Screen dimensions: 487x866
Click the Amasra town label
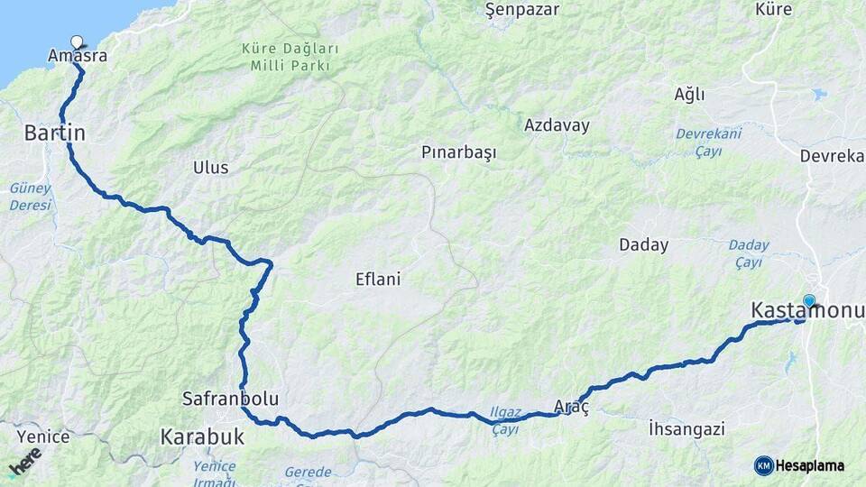(x=78, y=56)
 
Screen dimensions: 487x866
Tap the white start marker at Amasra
(x=77, y=41)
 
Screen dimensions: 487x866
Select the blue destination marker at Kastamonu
(x=809, y=301)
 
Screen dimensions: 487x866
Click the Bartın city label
(x=54, y=133)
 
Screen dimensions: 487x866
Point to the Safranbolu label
(x=230, y=398)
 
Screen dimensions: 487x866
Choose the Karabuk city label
(x=202, y=437)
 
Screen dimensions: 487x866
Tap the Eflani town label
(x=378, y=280)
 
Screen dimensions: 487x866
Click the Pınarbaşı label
(x=459, y=152)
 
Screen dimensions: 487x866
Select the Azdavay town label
(x=557, y=125)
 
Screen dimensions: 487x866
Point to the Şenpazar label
(x=522, y=10)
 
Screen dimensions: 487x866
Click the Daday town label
(x=644, y=244)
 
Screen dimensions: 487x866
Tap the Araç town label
(x=571, y=408)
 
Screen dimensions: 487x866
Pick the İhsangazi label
(x=686, y=428)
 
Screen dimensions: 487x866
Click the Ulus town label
(x=211, y=168)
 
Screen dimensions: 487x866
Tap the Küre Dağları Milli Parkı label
(x=290, y=56)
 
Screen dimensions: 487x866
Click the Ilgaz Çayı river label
(x=505, y=418)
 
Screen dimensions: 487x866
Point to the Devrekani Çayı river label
(x=710, y=142)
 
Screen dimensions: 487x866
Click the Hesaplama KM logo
(x=799, y=465)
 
